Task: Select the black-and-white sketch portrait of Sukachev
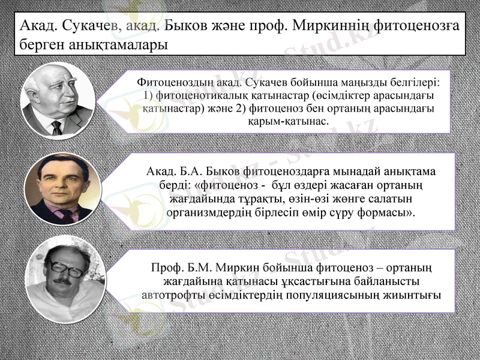coord(55,98)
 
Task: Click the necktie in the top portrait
coord(57,127)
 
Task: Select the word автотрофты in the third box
coord(170,295)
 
